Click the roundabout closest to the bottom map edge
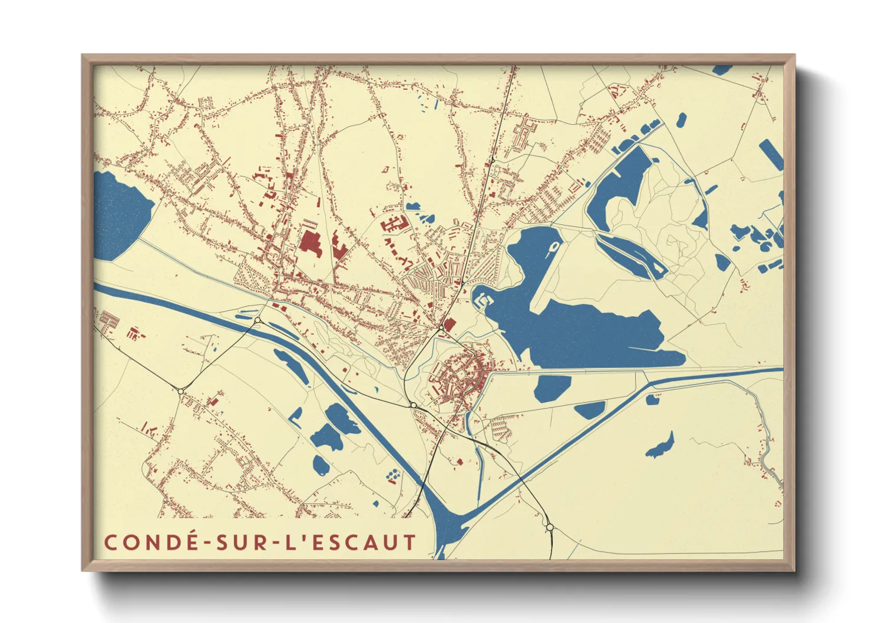(x=549, y=527)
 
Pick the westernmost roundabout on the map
(x=181, y=391)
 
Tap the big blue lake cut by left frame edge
(x=119, y=215)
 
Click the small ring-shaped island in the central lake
(x=554, y=248)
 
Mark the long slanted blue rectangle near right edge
(x=771, y=154)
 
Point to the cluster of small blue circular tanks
(x=392, y=474)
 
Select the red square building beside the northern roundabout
(x=450, y=324)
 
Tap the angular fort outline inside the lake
(x=481, y=301)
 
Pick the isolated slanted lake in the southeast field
(x=660, y=446)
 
